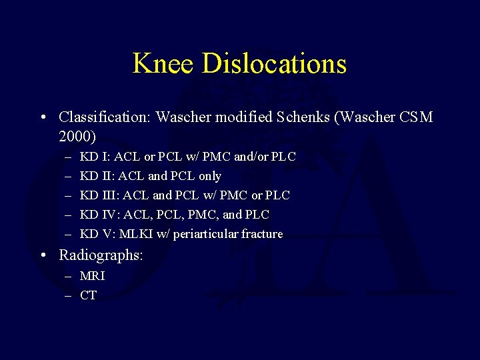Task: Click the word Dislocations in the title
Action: (x=274, y=63)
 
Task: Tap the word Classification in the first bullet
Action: (x=105, y=117)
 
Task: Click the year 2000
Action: (x=77, y=137)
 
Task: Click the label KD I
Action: (x=93, y=157)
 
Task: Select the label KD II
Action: (x=95, y=176)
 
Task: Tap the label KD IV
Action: (x=96, y=215)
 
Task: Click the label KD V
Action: (x=94, y=234)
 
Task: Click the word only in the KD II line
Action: (x=209, y=176)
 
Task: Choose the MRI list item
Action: (x=92, y=276)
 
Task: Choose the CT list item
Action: (x=88, y=295)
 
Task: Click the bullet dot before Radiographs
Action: (x=43, y=255)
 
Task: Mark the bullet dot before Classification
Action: (x=43, y=117)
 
